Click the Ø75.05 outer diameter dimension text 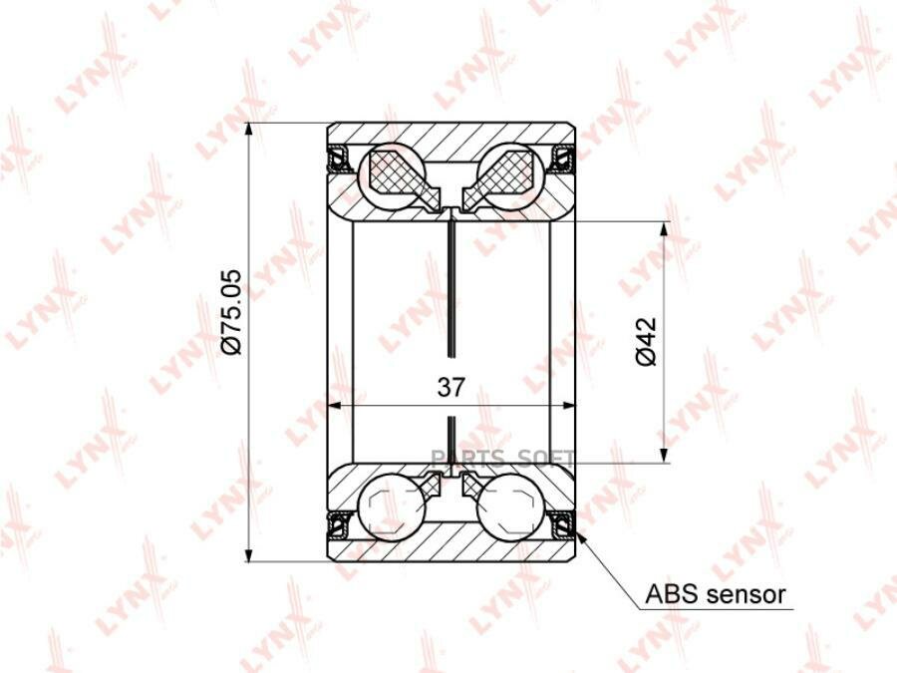pyautogui.click(x=231, y=312)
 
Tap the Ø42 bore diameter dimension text pyautogui.click(x=645, y=342)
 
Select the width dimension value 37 pyautogui.click(x=451, y=388)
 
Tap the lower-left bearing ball pyautogui.click(x=391, y=506)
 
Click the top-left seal pyautogui.click(x=338, y=159)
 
